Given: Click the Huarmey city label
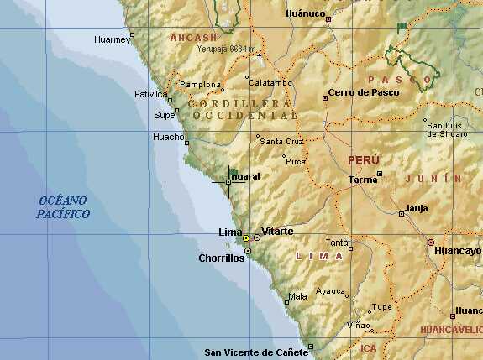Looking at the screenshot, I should coord(112,39).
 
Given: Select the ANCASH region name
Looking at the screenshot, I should coord(193,38).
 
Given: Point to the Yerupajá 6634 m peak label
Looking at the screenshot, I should coord(226,50).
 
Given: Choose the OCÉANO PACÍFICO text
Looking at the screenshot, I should coord(63,206).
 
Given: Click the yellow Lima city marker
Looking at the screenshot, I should coord(246,238).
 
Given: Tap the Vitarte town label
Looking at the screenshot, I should coord(277,231).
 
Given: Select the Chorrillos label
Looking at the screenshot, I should coord(222,258).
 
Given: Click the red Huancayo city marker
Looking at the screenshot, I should coord(431,243).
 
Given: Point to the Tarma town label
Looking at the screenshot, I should coord(363,180).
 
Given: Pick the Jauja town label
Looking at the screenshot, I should coord(416,207).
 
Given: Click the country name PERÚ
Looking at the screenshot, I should coord(364,159).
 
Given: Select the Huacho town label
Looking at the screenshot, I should coord(167,137).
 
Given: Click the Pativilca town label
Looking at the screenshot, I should coord(152,94).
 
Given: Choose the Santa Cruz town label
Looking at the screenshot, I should coord(282,142).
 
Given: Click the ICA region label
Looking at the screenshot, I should coord(369,347).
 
